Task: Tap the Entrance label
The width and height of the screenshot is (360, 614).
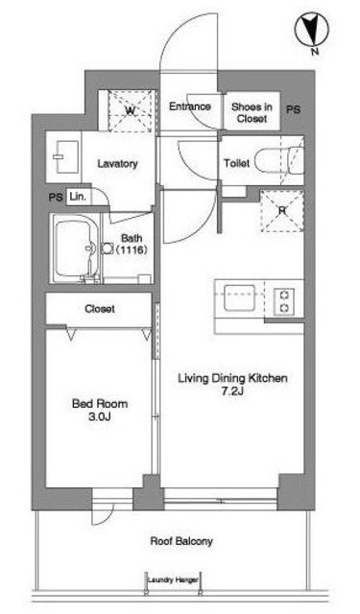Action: (x=190, y=106)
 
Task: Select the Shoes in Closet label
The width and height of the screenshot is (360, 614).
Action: (x=252, y=112)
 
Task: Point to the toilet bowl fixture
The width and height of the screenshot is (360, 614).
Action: (x=279, y=160)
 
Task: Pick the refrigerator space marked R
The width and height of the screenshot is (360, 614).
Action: (x=282, y=211)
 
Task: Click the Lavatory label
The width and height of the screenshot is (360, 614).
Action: (x=117, y=163)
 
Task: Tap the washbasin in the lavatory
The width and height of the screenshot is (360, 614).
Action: (x=65, y=156)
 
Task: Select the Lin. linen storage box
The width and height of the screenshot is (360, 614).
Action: (x=79, y=196)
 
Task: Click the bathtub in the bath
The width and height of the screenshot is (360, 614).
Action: (x=75, y=248)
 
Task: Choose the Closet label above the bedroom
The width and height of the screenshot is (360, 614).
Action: (x=100, y=309)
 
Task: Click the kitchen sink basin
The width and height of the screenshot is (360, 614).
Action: (x=239, y=297)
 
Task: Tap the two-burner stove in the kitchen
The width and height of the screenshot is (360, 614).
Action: (x=284, y=301)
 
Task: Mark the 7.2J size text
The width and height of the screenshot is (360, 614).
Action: (x=232, y=390)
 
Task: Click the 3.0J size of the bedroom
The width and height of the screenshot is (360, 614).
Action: (x=100, y=416)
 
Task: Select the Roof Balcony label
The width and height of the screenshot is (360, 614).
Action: (x=181, y=541)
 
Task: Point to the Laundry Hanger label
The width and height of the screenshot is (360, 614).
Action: (x=173, y=579)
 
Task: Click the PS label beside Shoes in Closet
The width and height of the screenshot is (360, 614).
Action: (x=293, y=109)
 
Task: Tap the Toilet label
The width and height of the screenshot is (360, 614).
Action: (x=236, y=163)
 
